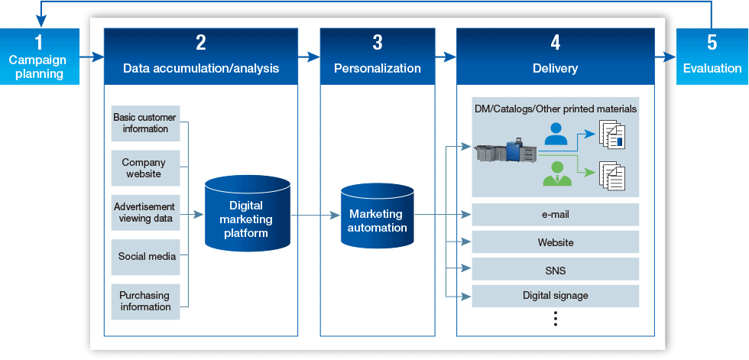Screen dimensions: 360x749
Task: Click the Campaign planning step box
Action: click(x=37, y=57)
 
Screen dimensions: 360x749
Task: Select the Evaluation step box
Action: click(x=712, y=57)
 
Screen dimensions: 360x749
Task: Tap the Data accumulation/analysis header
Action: click(x=201, y=57)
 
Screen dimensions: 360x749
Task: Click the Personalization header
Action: click(x=378, y=57)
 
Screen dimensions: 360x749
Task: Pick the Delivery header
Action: click(x=555, y=57)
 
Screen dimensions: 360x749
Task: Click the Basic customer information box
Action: click(x=145, y=123)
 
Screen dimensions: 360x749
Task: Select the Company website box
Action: click(x=145, y=168)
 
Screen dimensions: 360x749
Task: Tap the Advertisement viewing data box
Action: click(x=145, y=212)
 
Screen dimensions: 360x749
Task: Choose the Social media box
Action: click(x=145, y=257)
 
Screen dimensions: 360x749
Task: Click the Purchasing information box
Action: click(x=145, y=301)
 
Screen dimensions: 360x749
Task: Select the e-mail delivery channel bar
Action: click(x=555, y=215)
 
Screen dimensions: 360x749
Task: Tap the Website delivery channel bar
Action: click(x=555, y=242)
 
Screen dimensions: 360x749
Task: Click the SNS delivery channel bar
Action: click(x=555, y=270)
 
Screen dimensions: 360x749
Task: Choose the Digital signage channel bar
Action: click(x=555, y=296)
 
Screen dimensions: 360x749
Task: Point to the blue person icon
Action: click(x=556, y=135)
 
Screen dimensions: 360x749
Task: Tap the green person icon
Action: click(x=556, y=174)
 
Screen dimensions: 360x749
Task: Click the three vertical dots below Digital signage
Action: click(x=556, y=319)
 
